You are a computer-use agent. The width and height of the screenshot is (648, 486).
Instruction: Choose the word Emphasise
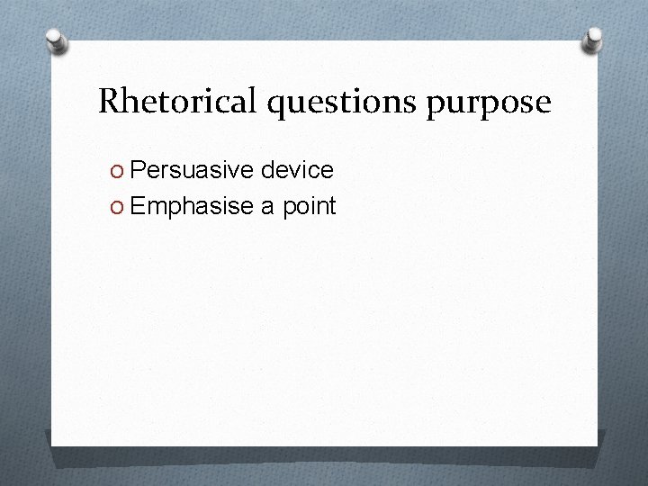coord(192,207)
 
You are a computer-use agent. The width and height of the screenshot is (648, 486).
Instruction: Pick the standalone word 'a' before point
coord(267,207)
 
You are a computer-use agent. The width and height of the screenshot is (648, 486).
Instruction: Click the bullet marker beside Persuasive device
coord(118,170)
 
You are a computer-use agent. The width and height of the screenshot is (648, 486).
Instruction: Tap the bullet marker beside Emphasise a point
coord(118,207)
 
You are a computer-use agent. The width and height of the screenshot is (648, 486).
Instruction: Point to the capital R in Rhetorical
coord(108,101)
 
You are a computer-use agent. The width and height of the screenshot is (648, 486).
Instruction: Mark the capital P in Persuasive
coord(139,169)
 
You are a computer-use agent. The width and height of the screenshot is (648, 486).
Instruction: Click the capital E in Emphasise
coord(139,207)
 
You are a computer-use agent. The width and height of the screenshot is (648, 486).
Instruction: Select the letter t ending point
coord(331,207)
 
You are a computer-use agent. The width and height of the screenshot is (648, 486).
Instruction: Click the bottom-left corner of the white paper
coord(52,445)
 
